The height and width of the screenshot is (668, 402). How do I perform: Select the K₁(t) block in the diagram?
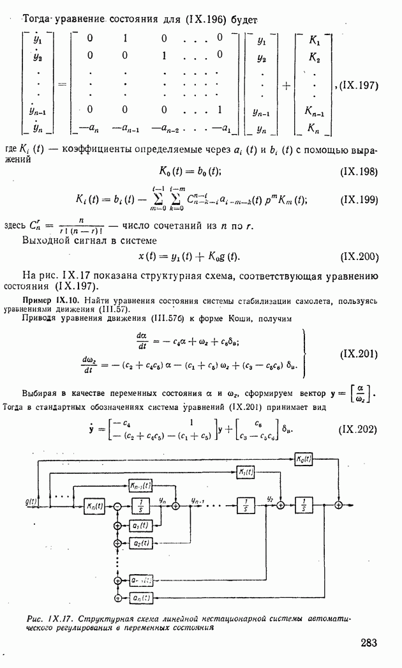pyautogui.click(x=246, y=472)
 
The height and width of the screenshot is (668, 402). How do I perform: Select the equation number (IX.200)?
pyautogui.click(x=361, y=257)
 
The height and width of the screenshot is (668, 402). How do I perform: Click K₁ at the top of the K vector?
pyautogui.click(x=314, y=40)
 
